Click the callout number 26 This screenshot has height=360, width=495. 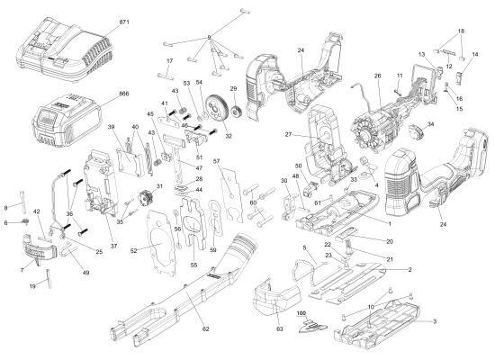(x=378, y=76)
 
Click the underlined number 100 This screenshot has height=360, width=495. (x=301, y=313)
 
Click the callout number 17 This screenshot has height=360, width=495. (x=167, y=60)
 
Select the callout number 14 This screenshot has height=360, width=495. (x=476, y=55)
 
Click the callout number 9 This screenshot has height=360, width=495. (x=209, y=37)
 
